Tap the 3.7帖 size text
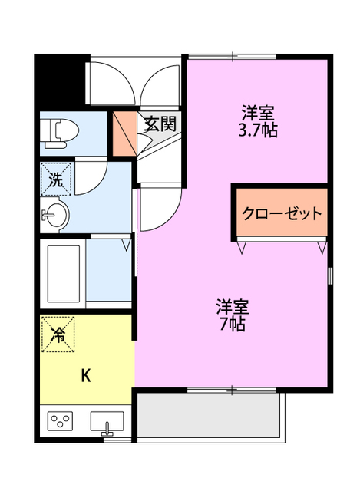(x=257, y=130)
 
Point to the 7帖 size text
(x=232, y=324)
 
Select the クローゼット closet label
(x=282, y=214)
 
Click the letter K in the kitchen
(x=86, y=376)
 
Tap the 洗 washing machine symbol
(x=56, y=180)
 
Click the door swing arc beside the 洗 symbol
(x=86, y=176)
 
